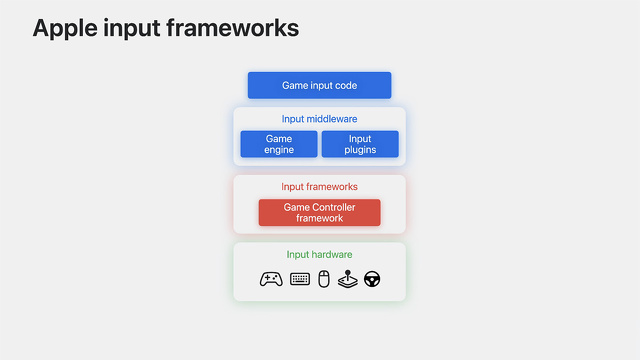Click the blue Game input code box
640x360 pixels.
point(319,85)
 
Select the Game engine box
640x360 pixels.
point(279,144)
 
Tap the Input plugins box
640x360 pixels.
point(360,144)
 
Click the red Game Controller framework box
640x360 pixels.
point(319,212)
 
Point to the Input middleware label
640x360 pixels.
point(319,119)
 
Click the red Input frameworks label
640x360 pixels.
point(319,186)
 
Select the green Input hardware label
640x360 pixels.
point(319,254)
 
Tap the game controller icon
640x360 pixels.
point(270,279)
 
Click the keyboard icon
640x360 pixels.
point(300,279)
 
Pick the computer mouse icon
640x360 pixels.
point(323,279)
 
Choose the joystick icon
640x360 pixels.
point(347,279)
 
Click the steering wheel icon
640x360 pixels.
point(372,279)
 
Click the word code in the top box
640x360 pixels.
point(345,85)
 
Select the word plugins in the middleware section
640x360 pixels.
point(360,150)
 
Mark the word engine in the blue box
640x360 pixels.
point(279,150)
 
